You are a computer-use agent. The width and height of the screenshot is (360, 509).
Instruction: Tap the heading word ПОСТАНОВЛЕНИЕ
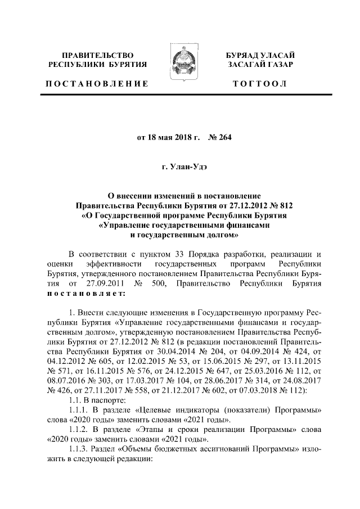coord(97,84)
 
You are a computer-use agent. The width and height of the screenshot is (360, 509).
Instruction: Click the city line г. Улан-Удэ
coord(180,166)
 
